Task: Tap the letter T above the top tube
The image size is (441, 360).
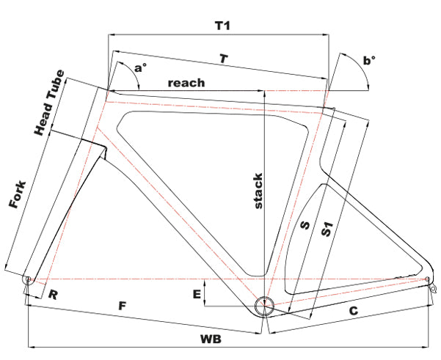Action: [x=223, y=58]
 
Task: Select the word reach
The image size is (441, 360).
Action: [x=186, y=83]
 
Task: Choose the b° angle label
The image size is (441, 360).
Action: [x=368, y=61]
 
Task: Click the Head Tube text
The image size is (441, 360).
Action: [x=50, y=103]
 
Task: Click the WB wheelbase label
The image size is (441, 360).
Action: [x=211, y=339]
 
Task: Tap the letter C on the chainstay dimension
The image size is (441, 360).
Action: [x=353, y=312]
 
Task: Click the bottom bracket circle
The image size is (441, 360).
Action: [x=263, y=305]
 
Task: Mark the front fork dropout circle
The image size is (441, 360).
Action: [x=28, y=279]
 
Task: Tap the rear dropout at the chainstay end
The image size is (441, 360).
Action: [x=427, y=279]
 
